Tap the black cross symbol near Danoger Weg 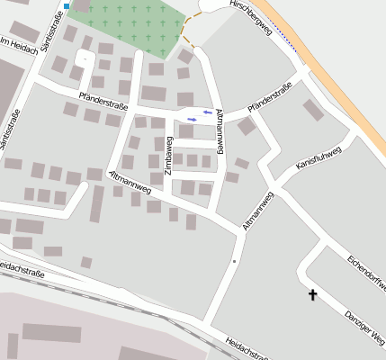click(x=314, y=294)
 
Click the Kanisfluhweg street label click(x=318, y=158)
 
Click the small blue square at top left click(x=67, y=6)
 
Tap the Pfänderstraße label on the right click(x=271, y=108)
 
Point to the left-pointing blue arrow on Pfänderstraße click(x=209, y=112)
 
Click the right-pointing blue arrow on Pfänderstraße click(x=191, y=119)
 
